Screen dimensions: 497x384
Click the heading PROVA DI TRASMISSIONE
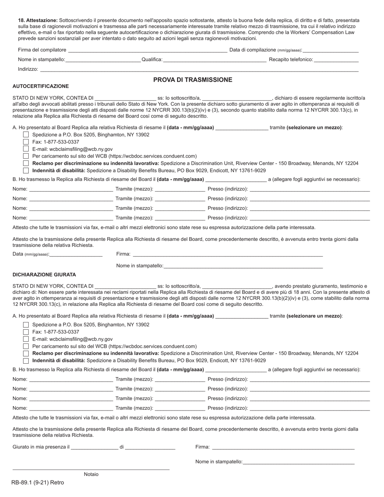192,80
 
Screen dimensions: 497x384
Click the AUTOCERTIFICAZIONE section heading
41,86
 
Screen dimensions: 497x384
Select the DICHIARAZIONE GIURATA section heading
44,275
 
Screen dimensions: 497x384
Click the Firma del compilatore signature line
148,51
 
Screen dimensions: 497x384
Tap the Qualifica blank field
215,60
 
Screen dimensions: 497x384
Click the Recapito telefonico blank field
336,60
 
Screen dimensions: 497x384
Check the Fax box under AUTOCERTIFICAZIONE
26,142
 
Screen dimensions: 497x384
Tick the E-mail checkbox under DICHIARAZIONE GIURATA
26,339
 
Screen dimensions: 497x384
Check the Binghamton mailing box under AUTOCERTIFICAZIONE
26,135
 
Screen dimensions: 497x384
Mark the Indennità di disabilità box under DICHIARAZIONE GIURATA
26,361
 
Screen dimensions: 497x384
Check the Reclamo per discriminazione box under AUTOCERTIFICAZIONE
26,163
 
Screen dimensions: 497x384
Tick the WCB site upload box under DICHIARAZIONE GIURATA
26,346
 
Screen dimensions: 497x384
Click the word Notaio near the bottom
91,474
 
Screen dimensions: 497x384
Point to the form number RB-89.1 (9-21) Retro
38,482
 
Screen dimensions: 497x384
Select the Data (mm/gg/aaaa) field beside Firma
76,255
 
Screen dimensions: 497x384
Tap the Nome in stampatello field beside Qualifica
103,60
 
